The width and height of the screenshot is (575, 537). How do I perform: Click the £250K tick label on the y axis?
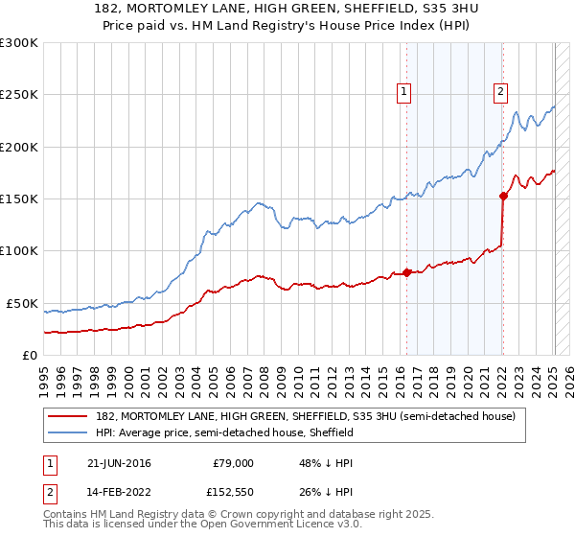pos(19,95)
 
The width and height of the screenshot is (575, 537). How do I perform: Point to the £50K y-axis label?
pos(22,303)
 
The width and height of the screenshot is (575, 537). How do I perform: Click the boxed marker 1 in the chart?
pos(403,92)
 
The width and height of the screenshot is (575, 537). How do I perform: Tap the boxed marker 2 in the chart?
pos(500,92)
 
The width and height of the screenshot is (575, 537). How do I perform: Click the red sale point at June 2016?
pos(406,272)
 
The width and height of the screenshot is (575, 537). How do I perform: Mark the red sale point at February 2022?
pos(503,196)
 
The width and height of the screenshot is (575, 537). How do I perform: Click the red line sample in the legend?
pos(68,416)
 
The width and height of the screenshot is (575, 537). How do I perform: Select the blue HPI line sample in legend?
pos(68,432)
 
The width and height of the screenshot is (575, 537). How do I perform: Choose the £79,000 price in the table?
pos(232,463)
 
